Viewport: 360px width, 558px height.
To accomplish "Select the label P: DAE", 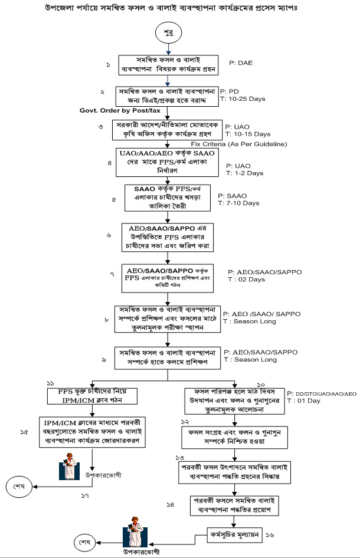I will [x=240, y=61].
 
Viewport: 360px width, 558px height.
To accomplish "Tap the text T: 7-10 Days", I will [x=238, y=203].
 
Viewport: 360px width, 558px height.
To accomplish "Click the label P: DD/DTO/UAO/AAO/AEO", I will [x=322, y=392].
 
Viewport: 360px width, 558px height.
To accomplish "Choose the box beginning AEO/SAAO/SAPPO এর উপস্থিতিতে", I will [x=167, y=235].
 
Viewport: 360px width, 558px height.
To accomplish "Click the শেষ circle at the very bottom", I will [x=84, y=540].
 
